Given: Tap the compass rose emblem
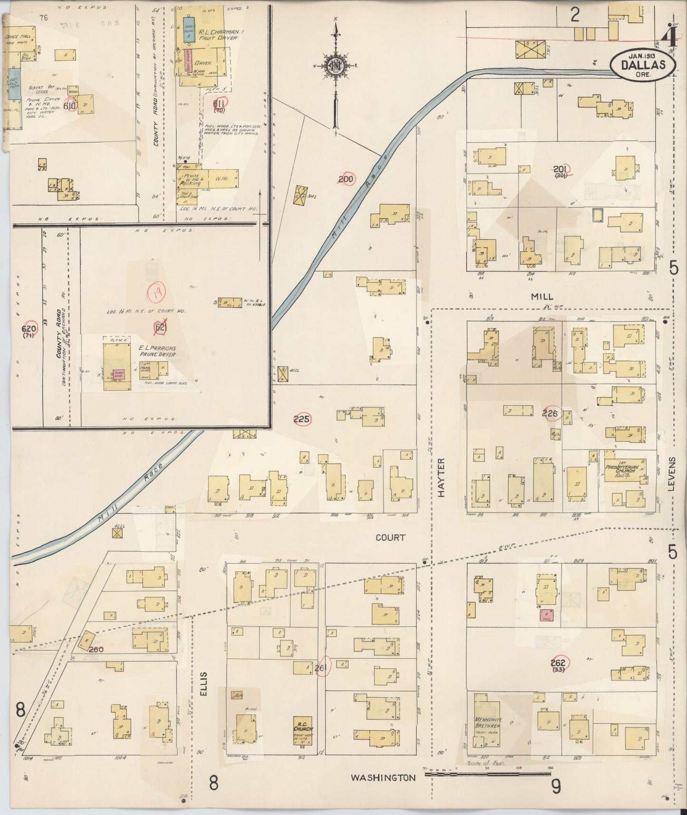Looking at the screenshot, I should pos(336,66).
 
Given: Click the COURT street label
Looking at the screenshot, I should pos(390,537).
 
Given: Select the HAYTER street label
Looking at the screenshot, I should pos(441,478).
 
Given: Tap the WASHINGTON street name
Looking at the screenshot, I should pos(383,778).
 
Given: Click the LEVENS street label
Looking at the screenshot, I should pos(671,474).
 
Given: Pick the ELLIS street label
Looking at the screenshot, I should pos(204,684).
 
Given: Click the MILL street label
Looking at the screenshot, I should pos(542,296).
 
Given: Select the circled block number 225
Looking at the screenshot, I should pos(301,419).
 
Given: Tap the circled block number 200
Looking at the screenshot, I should pos(346,179).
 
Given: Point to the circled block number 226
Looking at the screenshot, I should pos(550,413).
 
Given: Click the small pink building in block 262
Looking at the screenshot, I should pos(546,615).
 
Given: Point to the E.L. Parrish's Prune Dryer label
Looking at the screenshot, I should pos(157,351).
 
